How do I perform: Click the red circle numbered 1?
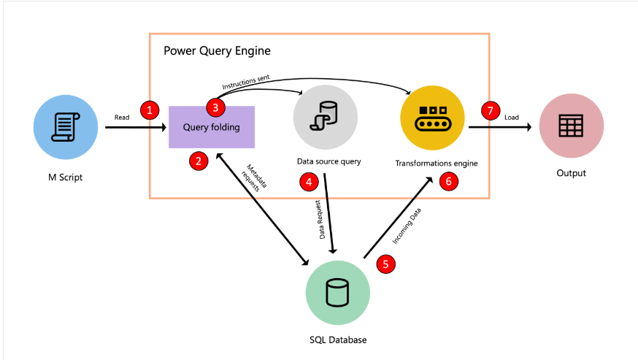(150, 110)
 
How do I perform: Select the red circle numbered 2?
(198, 161)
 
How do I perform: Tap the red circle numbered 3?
(215, 107)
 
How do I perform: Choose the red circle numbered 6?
(448, 181)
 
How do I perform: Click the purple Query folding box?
(212, 127)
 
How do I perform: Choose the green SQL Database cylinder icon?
(337, 293)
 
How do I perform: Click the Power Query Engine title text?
(217, 51)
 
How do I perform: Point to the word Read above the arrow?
(122, 116)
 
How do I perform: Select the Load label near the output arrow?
(512, 116)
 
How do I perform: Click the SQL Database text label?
(337, 340)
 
